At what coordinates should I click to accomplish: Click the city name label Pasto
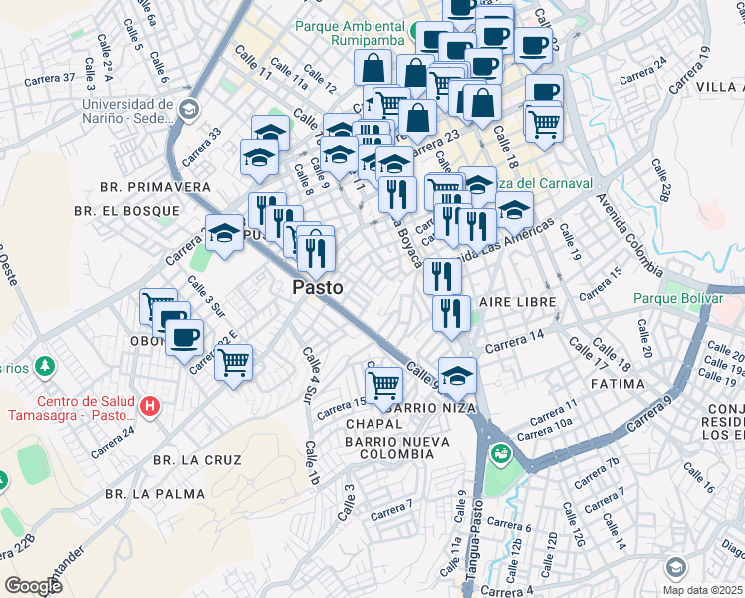click(318, 287)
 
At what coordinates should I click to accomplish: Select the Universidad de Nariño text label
click(127, 112)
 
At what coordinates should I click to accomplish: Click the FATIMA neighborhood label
click(619, 382)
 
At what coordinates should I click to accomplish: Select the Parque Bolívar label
click(683, 298)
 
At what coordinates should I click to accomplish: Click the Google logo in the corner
click(33, 586)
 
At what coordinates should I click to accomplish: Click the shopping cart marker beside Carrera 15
click(383, 384)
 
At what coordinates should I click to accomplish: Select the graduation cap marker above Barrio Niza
click(458, 376)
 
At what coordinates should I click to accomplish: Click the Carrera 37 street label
click(55, 78)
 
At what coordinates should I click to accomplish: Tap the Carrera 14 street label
click(514, 341)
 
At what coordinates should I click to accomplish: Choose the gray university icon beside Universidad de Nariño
click(188, 108)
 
